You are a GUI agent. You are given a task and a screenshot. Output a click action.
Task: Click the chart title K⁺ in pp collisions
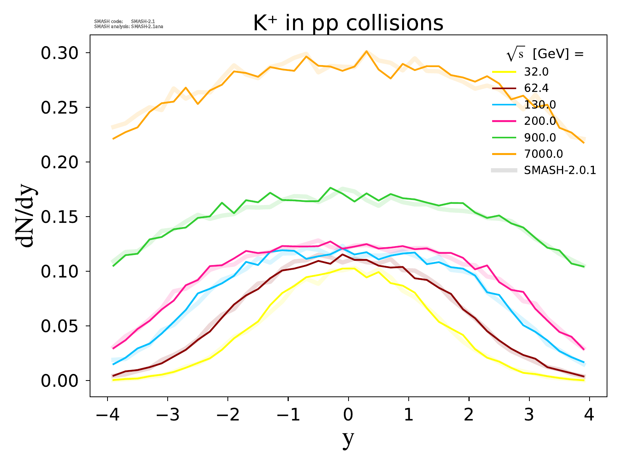348,23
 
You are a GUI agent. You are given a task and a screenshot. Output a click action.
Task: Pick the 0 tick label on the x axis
348,415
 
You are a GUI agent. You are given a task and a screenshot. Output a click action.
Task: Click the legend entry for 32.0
536,72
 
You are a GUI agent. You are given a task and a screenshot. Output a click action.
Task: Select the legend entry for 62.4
536,88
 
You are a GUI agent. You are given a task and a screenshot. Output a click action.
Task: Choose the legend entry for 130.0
540,105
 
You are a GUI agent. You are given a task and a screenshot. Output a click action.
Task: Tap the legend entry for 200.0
540,121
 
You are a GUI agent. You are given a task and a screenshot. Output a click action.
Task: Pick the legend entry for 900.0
540,138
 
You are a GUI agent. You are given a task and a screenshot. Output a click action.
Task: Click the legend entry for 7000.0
543,154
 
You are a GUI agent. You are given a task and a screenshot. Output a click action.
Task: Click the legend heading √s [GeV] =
545,55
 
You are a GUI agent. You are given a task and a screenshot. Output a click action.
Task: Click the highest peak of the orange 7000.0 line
366,51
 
